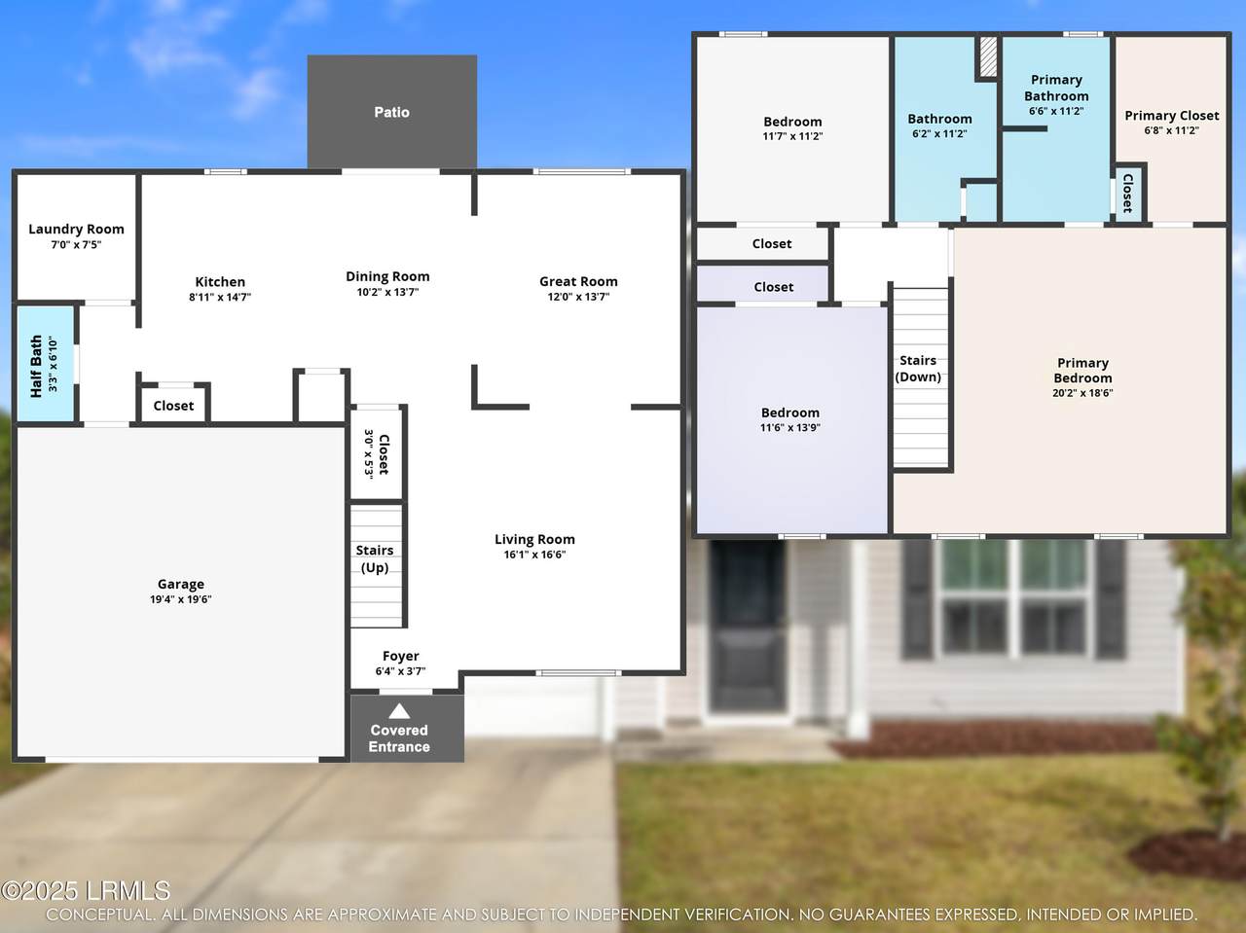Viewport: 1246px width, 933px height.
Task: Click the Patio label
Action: [391, 112]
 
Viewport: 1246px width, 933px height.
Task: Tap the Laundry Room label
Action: [76, 230]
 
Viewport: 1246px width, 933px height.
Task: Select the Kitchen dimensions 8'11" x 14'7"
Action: [220, 297]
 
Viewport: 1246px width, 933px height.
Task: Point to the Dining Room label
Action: [387, 276]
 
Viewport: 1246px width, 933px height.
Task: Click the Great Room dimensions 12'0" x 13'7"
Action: [578, 296]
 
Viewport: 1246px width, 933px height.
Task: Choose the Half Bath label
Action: [36, 366]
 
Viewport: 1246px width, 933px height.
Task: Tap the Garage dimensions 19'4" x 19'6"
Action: [180, 599]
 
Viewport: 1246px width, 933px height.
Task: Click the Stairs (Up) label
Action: [375, 558]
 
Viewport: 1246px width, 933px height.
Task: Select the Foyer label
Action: [401, 657]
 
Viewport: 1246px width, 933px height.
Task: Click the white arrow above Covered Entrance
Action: [399, 711]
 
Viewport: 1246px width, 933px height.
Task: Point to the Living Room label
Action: [534, 539]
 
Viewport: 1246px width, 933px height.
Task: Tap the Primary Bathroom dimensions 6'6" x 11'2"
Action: [1056, 111]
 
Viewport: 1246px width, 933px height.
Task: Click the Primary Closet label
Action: [1172, 116]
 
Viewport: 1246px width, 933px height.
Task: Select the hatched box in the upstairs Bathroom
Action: [988, 56]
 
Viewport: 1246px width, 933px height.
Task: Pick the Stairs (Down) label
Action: [918, 369]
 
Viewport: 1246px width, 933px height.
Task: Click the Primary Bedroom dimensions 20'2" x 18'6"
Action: [1082, 392]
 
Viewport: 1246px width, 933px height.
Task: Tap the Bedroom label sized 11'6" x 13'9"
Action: [790, 413]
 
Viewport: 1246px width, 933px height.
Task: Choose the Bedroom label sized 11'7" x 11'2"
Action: [792, 122]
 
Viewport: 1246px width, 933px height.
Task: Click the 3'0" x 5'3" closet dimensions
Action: [369, 454]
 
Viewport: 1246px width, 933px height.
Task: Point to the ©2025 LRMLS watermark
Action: [86, 890]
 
